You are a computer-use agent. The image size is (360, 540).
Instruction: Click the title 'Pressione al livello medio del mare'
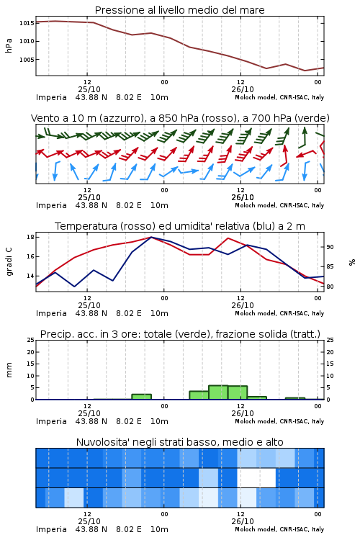coord(179,10)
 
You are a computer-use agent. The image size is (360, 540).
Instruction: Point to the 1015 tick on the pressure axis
coord(27,23)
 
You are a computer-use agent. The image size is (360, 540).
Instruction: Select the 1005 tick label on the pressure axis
coord(27,60)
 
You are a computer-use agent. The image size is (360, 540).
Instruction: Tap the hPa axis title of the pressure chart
coord(9,45)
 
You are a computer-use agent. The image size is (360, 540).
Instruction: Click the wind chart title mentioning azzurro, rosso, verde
coord(180,118)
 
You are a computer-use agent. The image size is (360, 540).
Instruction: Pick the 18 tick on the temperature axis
coord(30,237)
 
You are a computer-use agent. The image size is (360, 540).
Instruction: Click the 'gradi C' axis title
coord(9,262)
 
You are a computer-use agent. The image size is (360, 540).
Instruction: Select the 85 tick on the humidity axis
coord(330,266)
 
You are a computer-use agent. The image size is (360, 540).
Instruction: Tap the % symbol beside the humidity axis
coord(352,262)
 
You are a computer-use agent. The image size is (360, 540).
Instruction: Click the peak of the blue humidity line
coord(151,238)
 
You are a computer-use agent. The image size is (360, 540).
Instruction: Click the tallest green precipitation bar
coord(218,392)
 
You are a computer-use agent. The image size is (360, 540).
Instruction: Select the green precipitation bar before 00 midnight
coord(141,397)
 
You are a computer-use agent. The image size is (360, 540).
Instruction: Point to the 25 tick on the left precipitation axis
coord(30,340)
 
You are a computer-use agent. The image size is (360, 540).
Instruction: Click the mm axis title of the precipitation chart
coord(9,370)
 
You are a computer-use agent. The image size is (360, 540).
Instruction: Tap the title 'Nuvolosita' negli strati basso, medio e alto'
coord(179,442)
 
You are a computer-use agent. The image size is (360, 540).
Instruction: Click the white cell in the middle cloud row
coord(256,477)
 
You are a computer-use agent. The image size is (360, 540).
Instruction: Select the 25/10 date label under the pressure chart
coord(89,89)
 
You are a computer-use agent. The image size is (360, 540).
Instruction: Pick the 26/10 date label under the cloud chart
coord(243,521)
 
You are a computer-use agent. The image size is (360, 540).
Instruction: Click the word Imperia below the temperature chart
coord(51,313)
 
